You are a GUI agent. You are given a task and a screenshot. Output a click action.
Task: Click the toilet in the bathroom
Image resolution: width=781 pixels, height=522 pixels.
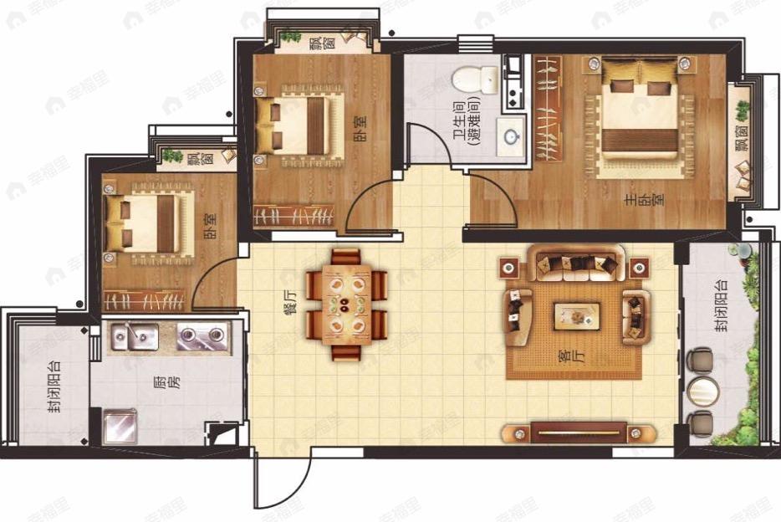(x=475, y=80)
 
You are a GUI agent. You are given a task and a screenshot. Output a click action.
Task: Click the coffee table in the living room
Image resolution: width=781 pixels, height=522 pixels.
(x=576, y=316)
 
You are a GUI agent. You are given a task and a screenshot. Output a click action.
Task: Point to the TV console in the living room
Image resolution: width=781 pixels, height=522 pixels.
(x=577, y=432)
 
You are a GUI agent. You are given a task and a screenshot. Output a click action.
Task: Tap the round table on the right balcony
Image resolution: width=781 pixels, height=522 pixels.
(x=702, y=390)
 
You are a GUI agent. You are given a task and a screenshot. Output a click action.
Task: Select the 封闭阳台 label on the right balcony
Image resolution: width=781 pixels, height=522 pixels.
(x=720, y=304)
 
